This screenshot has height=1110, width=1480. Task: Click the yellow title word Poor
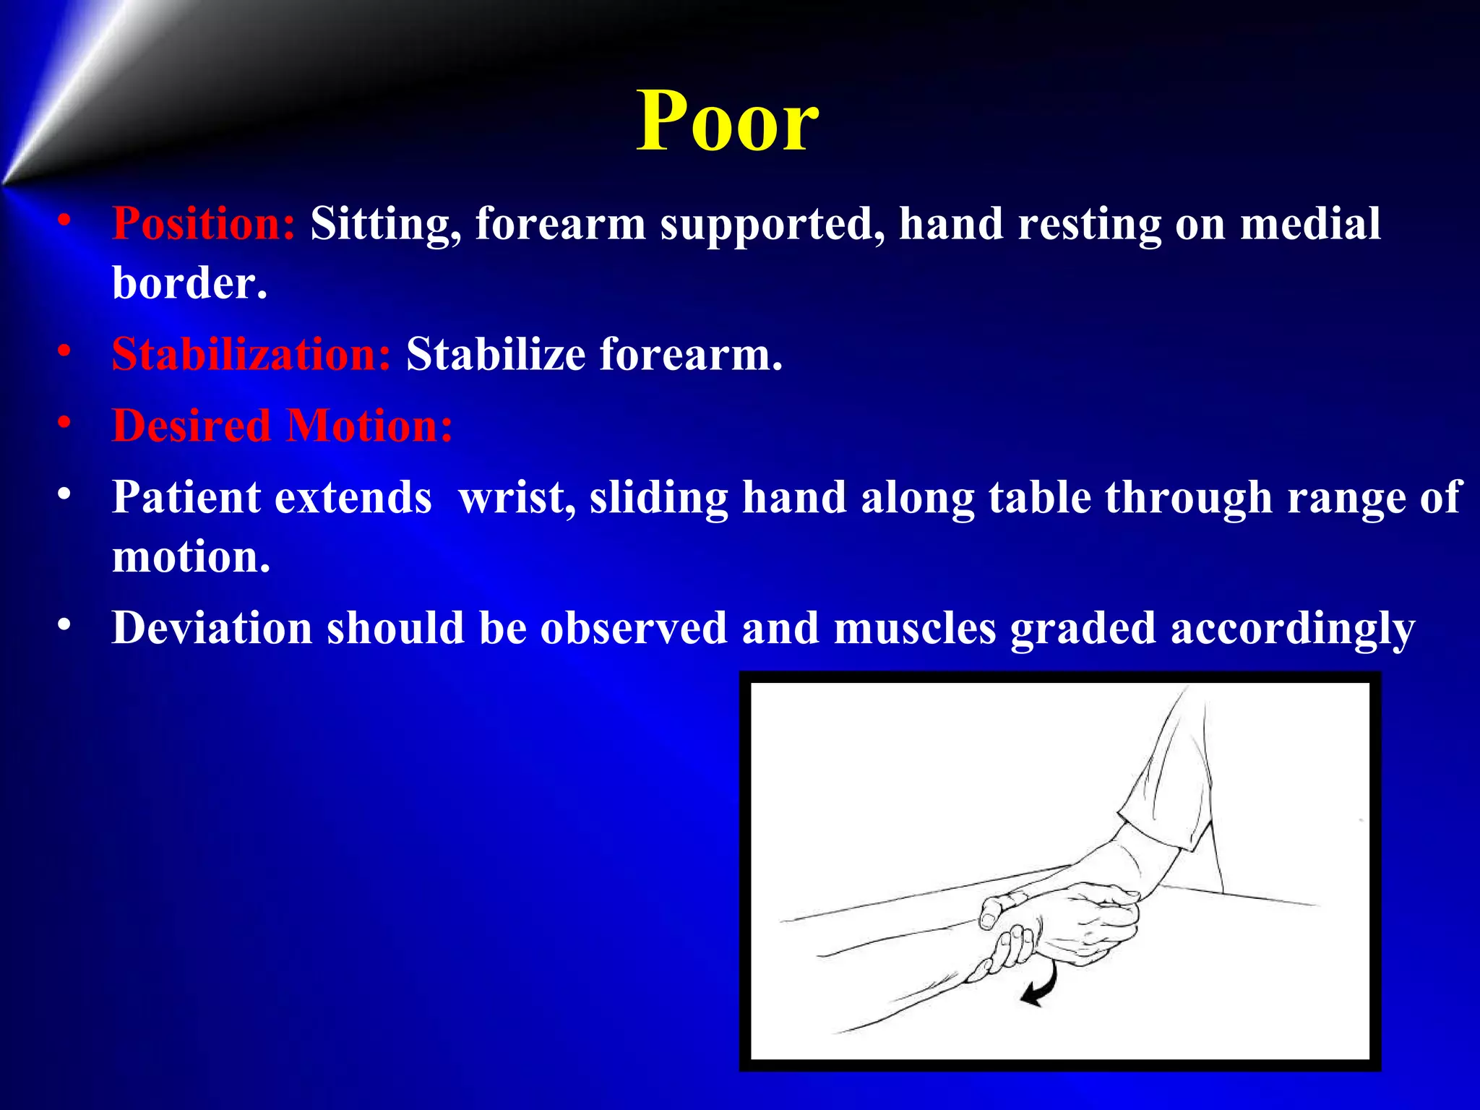(727, 121)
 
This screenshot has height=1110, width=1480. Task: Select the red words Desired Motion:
(282, 426)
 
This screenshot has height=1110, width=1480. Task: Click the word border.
(189, 283)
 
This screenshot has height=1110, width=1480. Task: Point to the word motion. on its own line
(191, 556)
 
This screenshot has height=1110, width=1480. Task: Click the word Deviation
(212, 627)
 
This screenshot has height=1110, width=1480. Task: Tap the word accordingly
(1291, 629)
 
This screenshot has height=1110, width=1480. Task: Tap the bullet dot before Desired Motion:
(65, 422)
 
